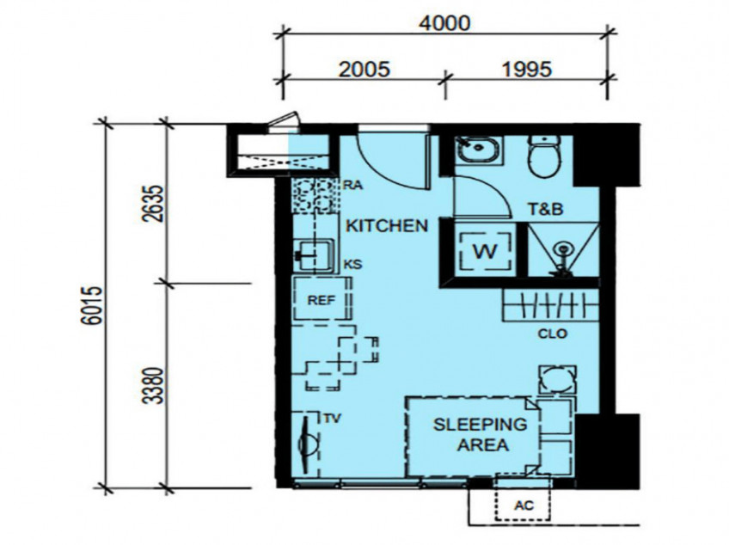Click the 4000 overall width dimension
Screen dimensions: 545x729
[444, 23]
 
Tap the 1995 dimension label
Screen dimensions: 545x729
[526, 68]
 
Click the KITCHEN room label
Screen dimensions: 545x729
[386, 226]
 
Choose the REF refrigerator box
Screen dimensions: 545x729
[321, 299]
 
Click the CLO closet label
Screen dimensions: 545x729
[553, 334]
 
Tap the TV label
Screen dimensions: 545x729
[333, 419]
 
